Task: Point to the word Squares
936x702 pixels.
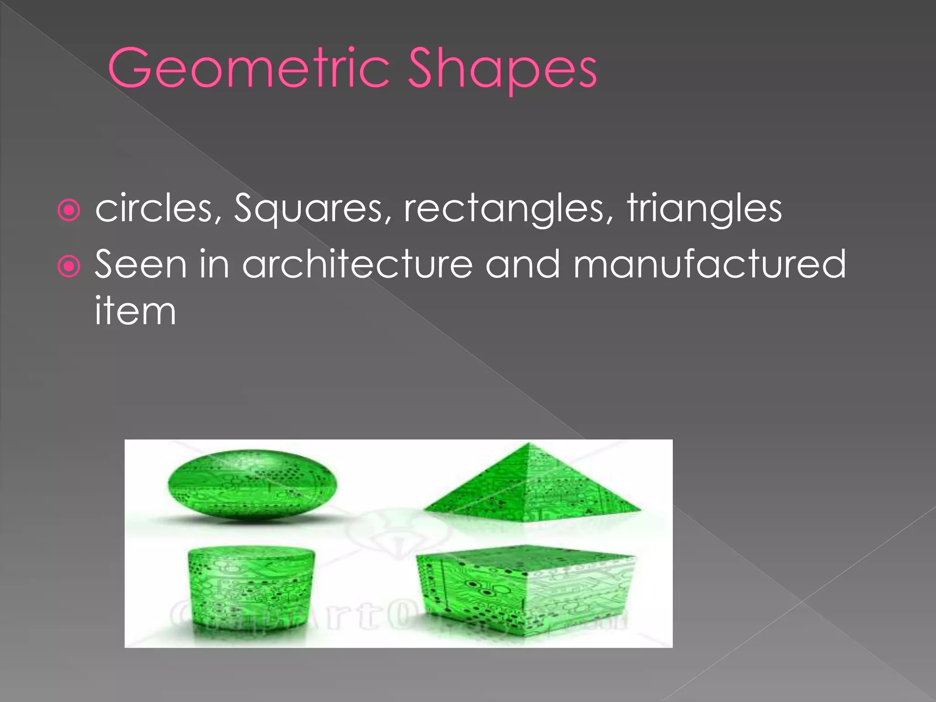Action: (x=308, y=209)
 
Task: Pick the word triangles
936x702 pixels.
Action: (x=704, y=208)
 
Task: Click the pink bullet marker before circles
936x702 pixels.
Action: (x=69, y=211)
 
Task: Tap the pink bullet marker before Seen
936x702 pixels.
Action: (x=69, y=267)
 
